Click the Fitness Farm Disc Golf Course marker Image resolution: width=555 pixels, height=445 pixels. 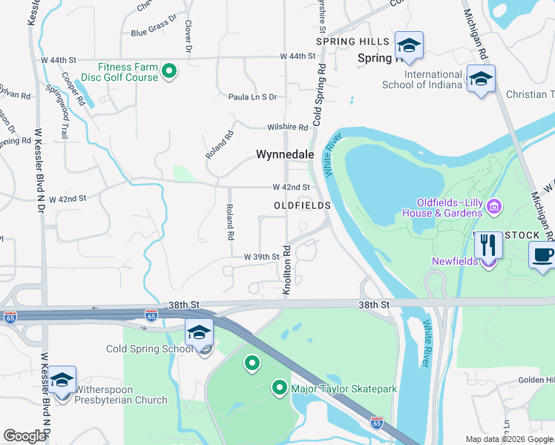tap(169, 71)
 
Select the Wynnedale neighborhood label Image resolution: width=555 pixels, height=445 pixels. tap(285, 155)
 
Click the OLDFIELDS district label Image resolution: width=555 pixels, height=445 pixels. tap(301, 205)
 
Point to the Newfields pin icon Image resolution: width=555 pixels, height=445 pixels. tap(488, 261)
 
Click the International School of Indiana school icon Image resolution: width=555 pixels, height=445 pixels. tap(481, 80)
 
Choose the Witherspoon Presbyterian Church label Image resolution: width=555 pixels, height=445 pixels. tap(120, 400)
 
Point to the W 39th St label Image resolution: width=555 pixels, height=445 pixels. tap(261, 257)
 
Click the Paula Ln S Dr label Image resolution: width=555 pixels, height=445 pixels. tap(252, 97)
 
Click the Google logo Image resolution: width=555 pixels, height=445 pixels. tap(24, 436)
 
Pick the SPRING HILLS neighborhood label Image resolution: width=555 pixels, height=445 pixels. tap(352, 42)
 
